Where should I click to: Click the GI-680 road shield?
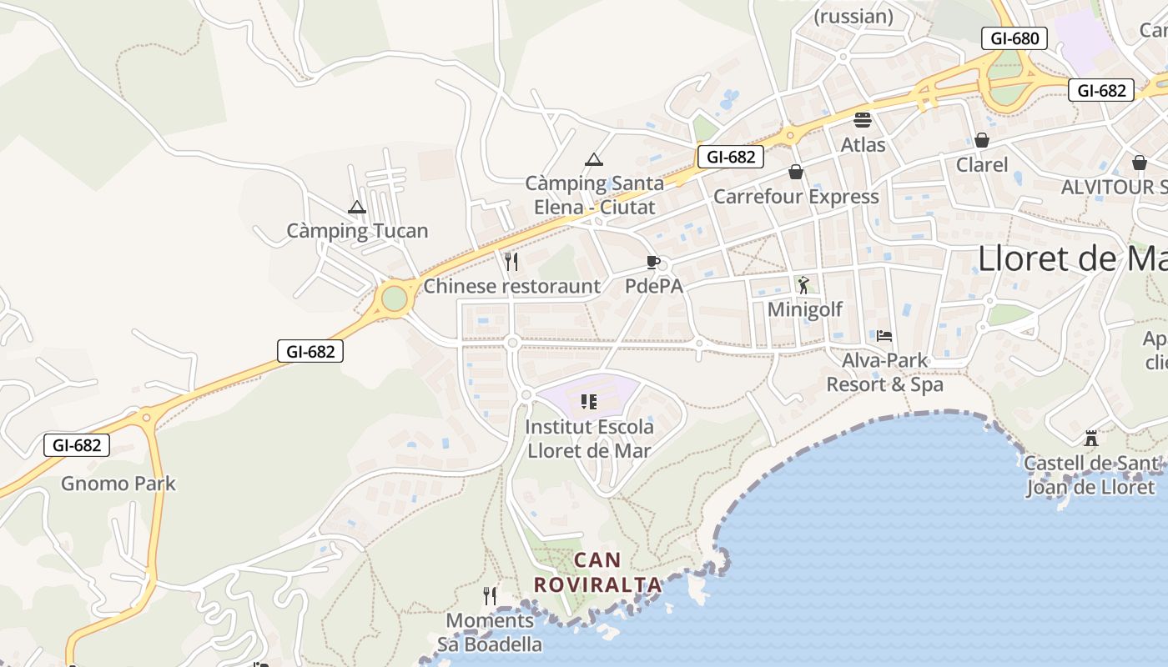point(1014,38)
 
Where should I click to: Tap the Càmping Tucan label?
point(357,231)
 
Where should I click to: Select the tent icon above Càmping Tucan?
point(357,207)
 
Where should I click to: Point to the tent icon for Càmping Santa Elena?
point(593,159)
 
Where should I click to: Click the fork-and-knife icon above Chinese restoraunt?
point(511,261)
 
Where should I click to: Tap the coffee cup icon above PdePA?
point(653,263)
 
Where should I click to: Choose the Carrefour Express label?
point(796,197)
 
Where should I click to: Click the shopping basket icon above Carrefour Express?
point(796,172)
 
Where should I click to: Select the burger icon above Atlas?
point(863,120)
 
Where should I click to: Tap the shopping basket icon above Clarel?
point(982,140)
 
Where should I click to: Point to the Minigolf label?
point(804,309)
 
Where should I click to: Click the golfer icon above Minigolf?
point(803,286)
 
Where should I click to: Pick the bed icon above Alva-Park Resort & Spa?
point(884,336)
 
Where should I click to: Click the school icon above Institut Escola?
point(589,402)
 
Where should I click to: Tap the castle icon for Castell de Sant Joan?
point(1090,439)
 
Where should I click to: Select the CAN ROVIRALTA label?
point(597,572)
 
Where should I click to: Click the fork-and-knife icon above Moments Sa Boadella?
point(490,595)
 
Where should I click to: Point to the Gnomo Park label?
point(118,484)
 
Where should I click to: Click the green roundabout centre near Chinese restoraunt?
point(395,298)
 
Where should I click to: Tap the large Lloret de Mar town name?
point(1071,258)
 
